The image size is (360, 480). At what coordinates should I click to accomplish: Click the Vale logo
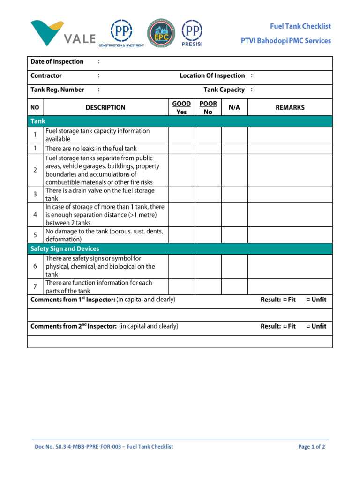(63, 33)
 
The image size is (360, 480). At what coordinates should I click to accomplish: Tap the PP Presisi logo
(192, 33)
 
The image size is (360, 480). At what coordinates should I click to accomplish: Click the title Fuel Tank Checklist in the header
(300, 27)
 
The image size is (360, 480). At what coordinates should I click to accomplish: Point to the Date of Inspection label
(57, 62)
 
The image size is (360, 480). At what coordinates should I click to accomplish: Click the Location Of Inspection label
(212, 76)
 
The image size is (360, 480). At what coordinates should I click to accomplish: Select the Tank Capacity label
(224, 90)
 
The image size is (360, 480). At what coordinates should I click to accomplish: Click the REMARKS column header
(290, 108)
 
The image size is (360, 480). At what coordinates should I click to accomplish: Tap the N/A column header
(234, 108)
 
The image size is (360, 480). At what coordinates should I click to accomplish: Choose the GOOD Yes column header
(181, 108)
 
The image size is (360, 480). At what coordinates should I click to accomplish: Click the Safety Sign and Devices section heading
(65, 249)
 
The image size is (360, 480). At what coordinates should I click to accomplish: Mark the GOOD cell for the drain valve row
(181, 195)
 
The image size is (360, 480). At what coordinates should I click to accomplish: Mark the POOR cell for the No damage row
(208, 235)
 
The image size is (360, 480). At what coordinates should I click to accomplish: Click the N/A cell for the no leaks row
(234, 149)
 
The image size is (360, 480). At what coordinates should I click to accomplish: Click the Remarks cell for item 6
(290, 266)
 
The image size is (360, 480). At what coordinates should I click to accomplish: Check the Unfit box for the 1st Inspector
(308, 300)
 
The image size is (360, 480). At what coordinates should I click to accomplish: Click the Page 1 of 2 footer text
(311, 447)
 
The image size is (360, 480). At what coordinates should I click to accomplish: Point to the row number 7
(36, 286)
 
